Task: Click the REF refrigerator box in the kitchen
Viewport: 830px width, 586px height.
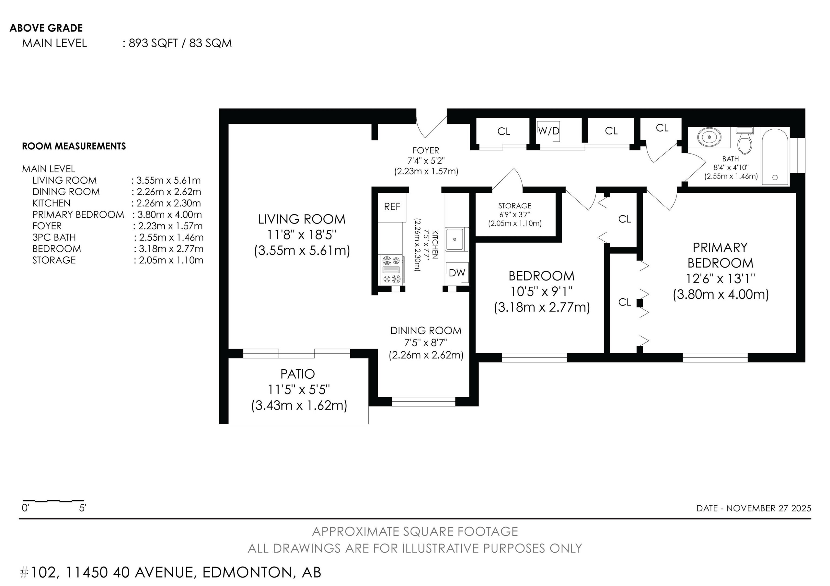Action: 392,207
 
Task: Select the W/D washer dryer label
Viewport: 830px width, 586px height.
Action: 548,131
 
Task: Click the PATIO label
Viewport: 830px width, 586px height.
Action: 297,374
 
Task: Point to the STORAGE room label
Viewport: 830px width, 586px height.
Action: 515,206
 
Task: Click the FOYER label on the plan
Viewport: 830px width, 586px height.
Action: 426,150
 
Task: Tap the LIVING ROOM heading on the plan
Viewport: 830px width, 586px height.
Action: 302,219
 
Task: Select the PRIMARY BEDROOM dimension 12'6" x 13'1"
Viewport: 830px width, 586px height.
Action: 720,279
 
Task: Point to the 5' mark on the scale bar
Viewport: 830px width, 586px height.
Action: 82,508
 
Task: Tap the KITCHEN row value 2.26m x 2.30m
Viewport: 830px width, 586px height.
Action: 168,203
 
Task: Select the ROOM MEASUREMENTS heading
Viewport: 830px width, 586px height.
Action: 74,146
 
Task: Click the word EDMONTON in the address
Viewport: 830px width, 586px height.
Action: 247,572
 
